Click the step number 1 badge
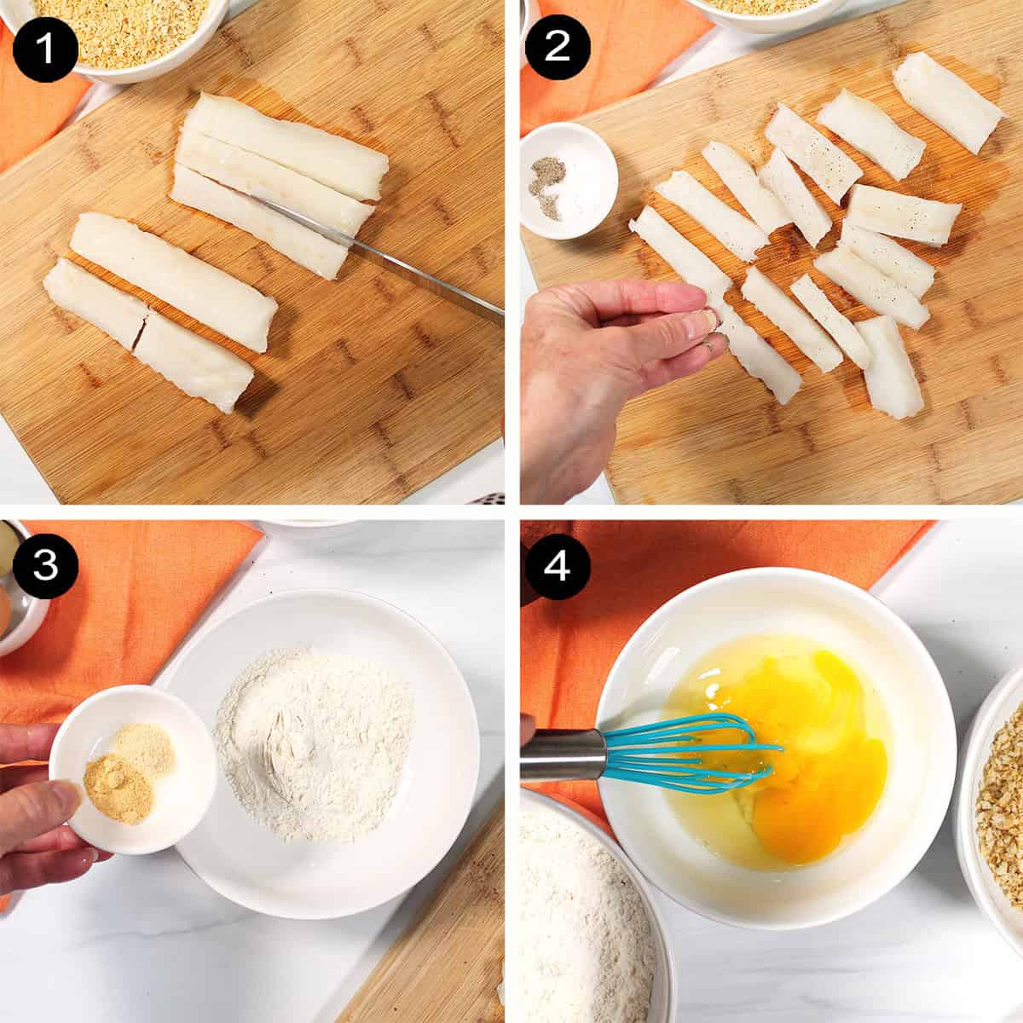44,48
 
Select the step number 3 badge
44,566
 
